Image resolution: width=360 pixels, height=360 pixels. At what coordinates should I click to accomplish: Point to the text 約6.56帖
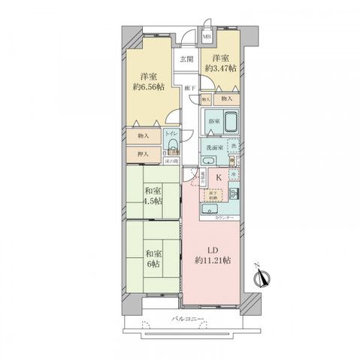[147, 86]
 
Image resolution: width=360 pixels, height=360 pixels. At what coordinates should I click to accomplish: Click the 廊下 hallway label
[191, 89]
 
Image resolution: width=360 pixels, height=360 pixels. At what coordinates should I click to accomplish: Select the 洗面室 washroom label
[214, 147]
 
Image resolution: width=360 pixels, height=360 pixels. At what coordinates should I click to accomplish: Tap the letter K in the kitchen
[219, 177]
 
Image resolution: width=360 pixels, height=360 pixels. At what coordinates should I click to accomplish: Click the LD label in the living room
[211, 250]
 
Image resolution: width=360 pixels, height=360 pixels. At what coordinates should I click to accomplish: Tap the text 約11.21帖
[211, 261]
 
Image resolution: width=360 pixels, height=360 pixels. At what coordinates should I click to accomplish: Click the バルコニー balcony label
[184, 319]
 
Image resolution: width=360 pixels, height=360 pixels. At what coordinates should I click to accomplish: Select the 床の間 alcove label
[171, 160]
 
